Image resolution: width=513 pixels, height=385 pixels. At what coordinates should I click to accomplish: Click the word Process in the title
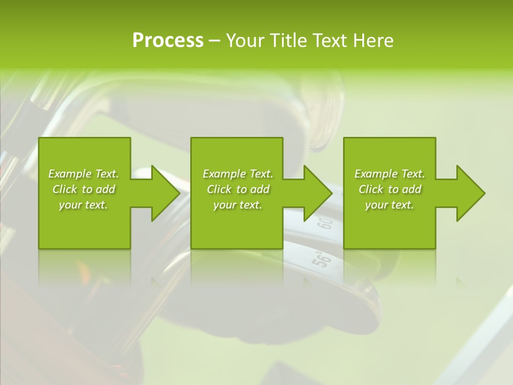tap(168, 41)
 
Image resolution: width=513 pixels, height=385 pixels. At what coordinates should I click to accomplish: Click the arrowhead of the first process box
tap(166, 193)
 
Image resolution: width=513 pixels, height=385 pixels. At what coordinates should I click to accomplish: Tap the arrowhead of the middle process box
tap(318, 193)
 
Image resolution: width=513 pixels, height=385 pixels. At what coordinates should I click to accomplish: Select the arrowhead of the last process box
tap(470, 193)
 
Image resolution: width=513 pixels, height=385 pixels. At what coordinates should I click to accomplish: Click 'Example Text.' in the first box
tap(84, 174)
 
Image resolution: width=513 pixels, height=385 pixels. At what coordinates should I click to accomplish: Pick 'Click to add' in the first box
tap(84, 189)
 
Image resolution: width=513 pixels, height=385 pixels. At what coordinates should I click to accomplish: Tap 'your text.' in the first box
tap(84, 205)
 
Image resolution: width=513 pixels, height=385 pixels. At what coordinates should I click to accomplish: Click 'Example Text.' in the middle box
tap(238, 174)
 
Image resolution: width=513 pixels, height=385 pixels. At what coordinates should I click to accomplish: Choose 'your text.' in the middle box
tap(238, 205)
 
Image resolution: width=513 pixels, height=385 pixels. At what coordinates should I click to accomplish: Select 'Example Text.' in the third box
tap(390, 174)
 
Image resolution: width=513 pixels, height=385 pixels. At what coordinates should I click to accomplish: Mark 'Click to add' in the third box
tap(390, 189)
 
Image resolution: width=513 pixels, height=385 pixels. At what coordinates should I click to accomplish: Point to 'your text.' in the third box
tap(390, 205)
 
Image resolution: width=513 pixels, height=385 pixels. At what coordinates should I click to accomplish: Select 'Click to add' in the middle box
tap(238, 189)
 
